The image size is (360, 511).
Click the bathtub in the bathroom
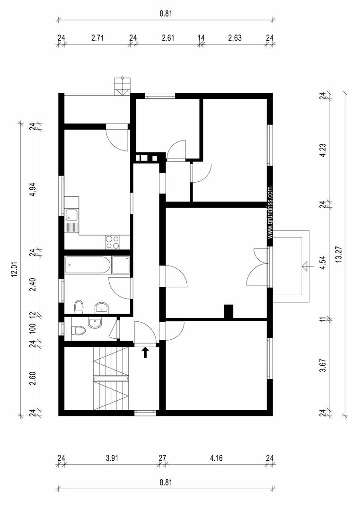click(x=88, y=265)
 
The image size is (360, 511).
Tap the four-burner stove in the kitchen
click(x=113, y=242)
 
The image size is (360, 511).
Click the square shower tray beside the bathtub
click(x=121, y=265)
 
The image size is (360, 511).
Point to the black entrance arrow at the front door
click(x=145, y=352)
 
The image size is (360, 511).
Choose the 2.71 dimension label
click(x=97, y=38)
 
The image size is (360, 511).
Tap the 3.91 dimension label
click(x=112, y=458)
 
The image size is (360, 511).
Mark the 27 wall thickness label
click(x=162, y=458)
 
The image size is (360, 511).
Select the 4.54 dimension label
click(x=323, y=263)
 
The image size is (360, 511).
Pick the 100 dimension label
click(x=32, y=328)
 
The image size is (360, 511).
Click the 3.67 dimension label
click(x=323, y=367)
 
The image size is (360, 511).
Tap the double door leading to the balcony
click(x=258, y=267)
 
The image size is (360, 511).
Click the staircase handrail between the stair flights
click(x=112, y=378)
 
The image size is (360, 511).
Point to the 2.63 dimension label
click(x=235, y=38)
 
